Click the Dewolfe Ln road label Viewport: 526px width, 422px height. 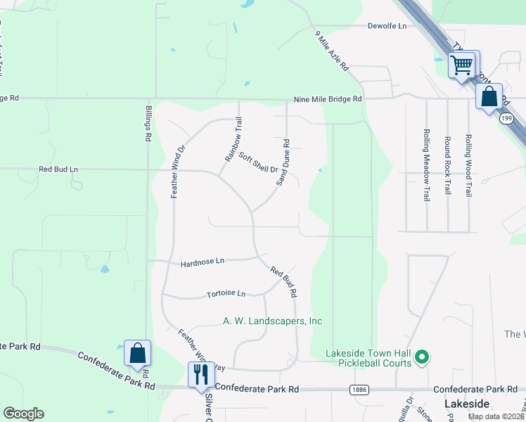coord(387,26)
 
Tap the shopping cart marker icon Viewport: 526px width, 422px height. coord(463,66)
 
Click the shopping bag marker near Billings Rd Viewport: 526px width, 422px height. coord(138,353)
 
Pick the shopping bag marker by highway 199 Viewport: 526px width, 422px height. coord(489,96)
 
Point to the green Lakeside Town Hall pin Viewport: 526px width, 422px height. coord(422,358)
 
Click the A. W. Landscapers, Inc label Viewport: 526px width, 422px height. coord(272,321)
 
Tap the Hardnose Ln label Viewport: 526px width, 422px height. coord(202,262)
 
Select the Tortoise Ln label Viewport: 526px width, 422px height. coord(226,293)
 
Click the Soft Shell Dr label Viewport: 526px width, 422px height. coord(258,162)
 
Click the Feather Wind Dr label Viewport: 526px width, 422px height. coord(177,172)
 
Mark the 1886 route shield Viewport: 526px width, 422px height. coord(359,388)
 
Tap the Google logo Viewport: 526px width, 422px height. coord(23,414)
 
